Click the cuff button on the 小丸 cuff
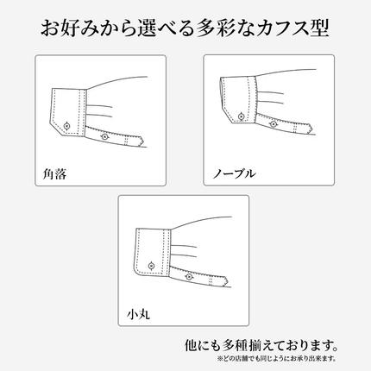pyautogui.click(x=152, y=263)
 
